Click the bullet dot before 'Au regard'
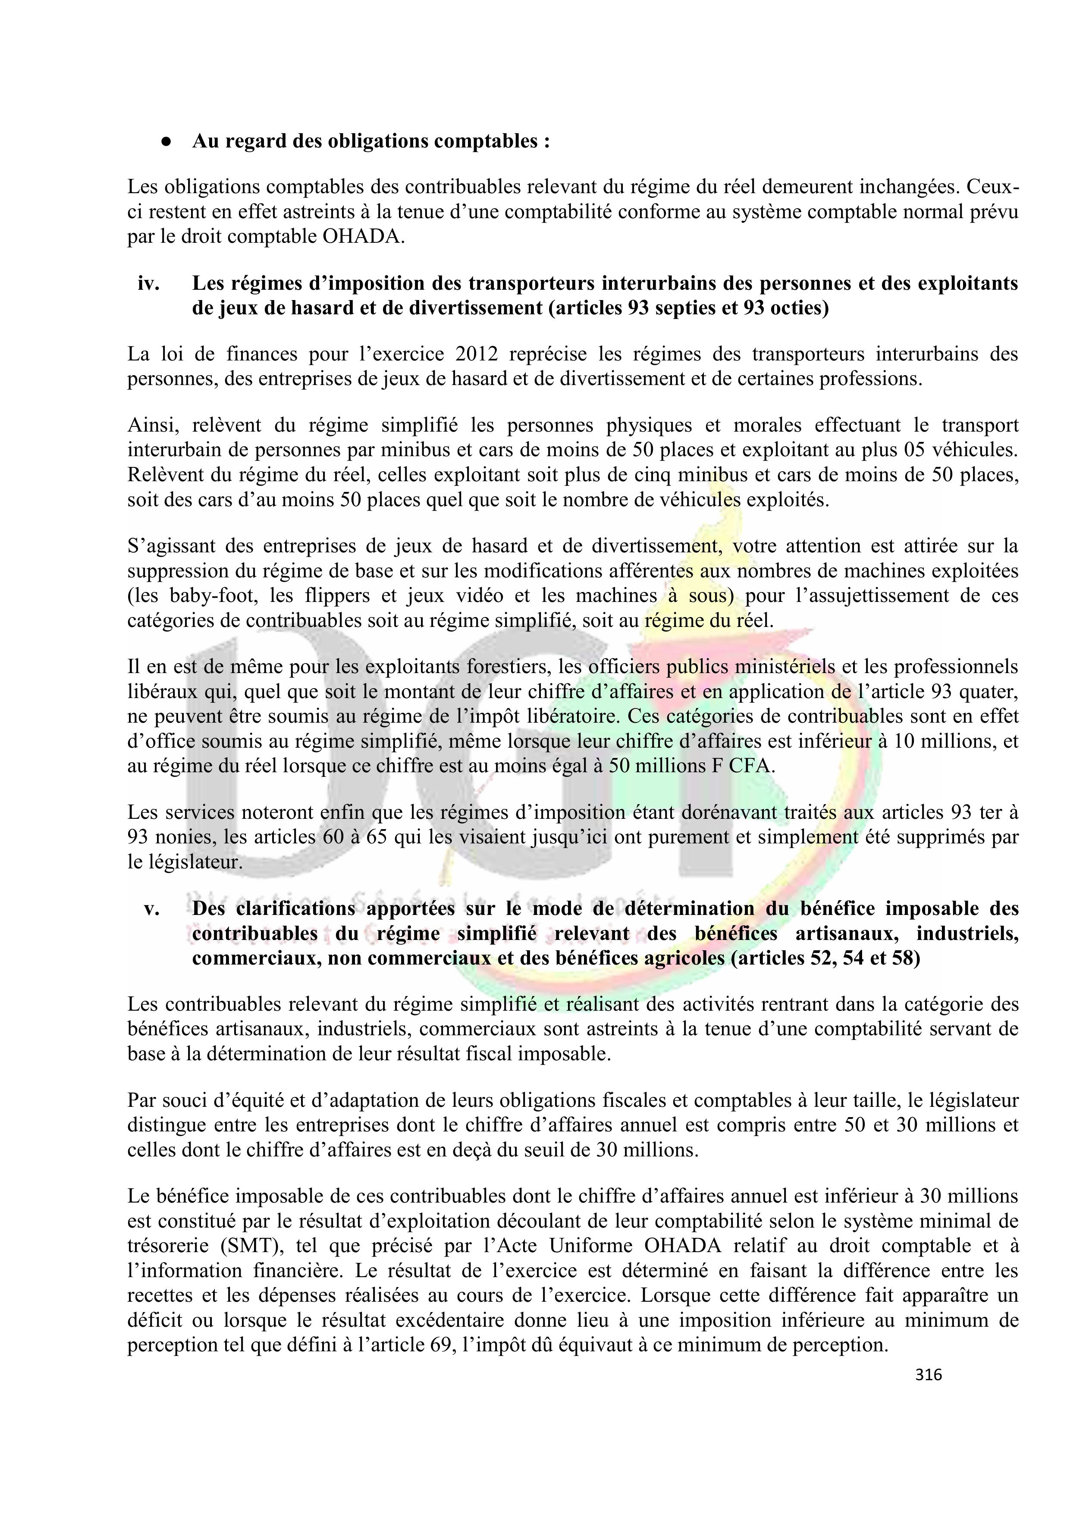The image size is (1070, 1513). click(167, 142)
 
